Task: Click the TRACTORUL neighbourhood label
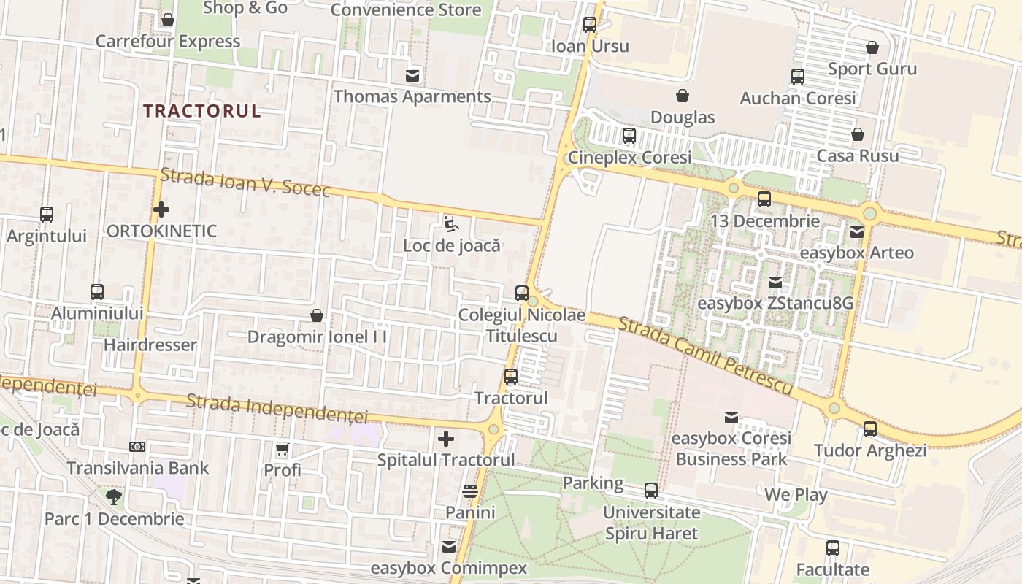tap(201, 111)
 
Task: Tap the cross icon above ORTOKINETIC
tap(161, 210)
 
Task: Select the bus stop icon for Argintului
tap(47, 215)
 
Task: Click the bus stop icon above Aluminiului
tap(97, 292)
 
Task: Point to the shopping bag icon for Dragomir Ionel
tap(317, 315)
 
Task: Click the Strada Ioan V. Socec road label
tap(245, 182)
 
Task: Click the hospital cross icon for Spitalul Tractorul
tap(446, 439)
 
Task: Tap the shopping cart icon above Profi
tap(283, 448)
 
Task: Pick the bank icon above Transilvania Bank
tap(137, 446)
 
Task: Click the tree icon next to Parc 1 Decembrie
tap(113, 497)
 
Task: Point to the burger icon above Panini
tap(470, 491)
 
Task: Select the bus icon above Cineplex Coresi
tap(629, 136)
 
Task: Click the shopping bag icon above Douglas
tap(683, 96)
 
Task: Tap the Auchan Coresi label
tap(797, 98)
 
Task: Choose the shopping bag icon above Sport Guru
tap(872, 48)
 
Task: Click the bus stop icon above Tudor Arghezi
tap(870, 429)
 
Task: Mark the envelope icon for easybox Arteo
tap(856, 232)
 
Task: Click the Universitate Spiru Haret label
tap(651, 523)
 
